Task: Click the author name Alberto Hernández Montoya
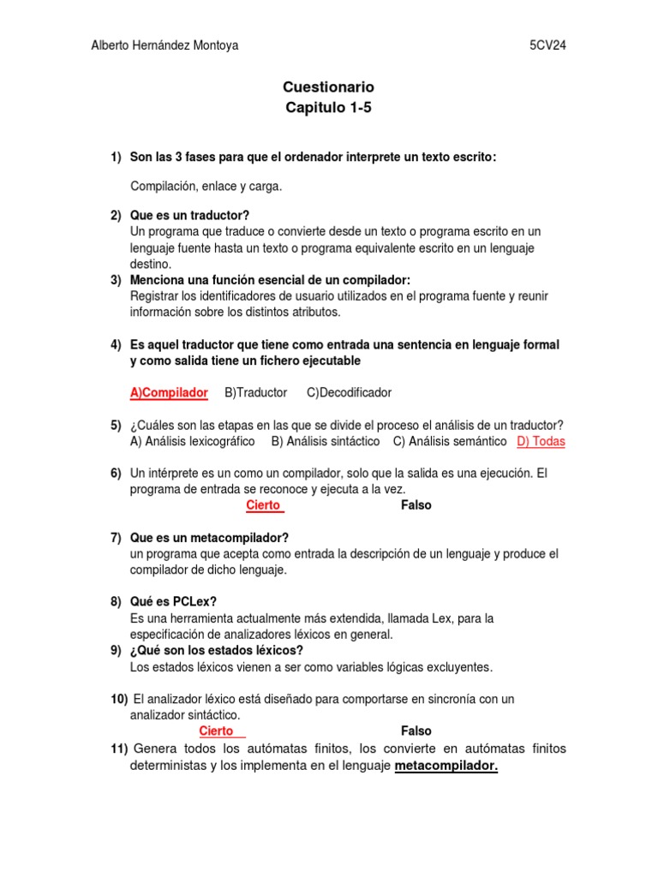click(x=164, y=46)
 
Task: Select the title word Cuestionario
click(x=328, y=87)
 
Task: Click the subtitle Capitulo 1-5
click(x=328, y=109)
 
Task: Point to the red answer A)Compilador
click(x=169, y=392)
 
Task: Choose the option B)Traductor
click(x=255, y=392)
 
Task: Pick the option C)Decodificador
click(x=349, y=392)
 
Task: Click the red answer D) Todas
click(x=541, y=442)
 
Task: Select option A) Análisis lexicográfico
click(x=192, y=442)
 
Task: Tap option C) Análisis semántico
click(x=450, y=442)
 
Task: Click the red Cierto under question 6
click(x=264, y=505)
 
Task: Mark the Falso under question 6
click(x=416, y=505)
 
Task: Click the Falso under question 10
click(x=416, y=731)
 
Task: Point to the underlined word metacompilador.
click(x=446, y=766)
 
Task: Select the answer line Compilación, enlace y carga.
click(x=206, y=186)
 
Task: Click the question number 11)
click(x=119, y=749)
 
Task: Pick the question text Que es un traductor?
click(x=189, y=215)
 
